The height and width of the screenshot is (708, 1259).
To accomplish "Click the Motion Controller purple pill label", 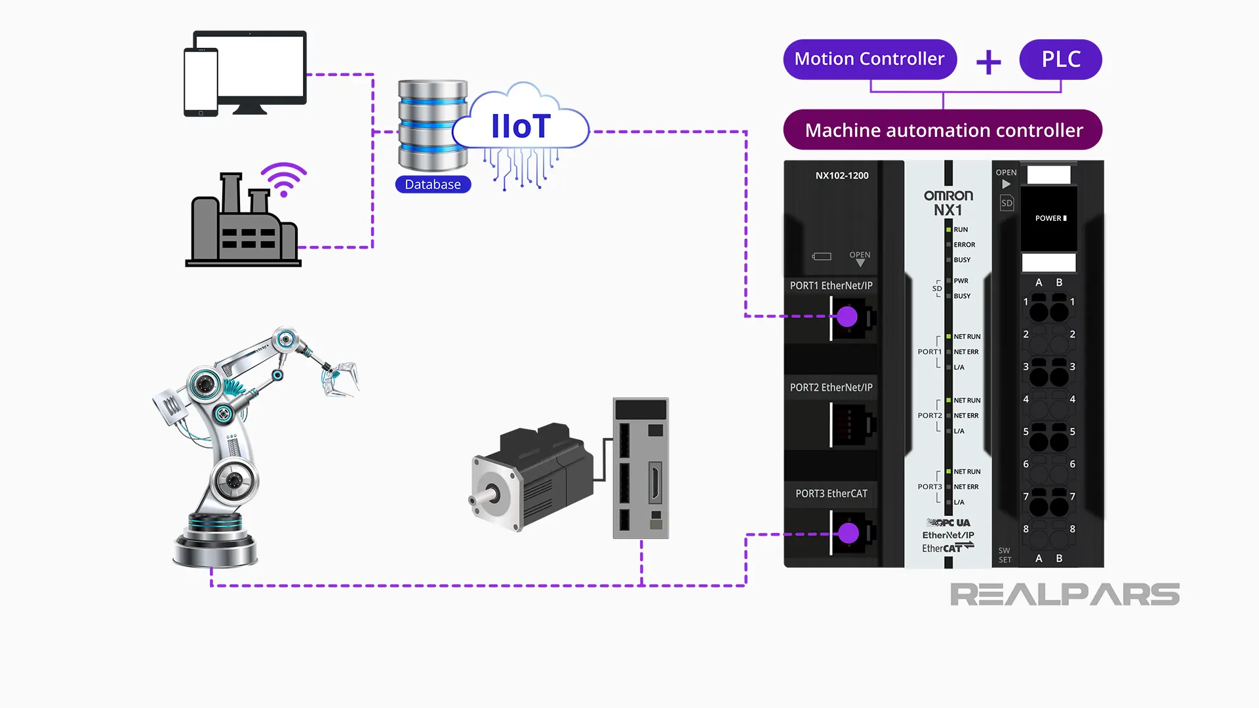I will (x=869, y=59).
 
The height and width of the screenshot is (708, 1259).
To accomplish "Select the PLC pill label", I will (x=1060, y=59).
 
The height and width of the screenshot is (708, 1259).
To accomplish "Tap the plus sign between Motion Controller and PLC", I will (x=988, y=63).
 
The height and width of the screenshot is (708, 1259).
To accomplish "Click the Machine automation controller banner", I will (x=943, y=130).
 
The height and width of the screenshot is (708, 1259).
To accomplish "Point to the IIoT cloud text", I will (x=521, y=127).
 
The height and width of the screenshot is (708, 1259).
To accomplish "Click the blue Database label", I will (x=433, y=184).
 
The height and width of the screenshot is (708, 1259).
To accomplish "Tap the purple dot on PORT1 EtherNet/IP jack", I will (x=847, y=317).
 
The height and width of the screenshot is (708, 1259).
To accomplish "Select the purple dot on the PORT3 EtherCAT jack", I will (x=849, y=533).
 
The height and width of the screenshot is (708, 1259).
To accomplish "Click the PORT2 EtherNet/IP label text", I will (x=831, y=387).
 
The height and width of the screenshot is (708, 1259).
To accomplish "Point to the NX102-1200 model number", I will (x=842, y=176).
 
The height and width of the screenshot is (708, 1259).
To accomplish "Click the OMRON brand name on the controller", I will (x=948, y=195).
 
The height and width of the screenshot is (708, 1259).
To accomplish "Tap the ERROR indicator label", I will (x=964, y=245).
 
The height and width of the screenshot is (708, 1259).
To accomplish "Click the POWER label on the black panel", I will (x=1049, y=218).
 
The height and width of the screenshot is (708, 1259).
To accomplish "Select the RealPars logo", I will (x=1064, y=595).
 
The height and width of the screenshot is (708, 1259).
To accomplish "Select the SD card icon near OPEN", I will (x=1007, y=203).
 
